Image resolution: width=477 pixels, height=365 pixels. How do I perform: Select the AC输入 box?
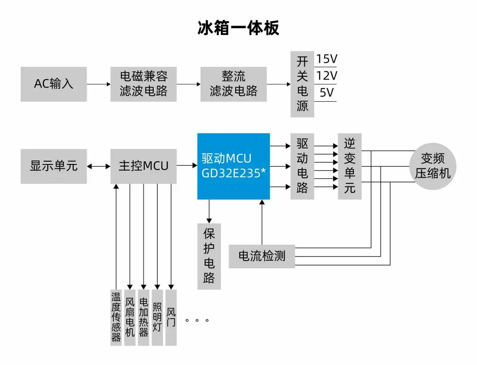[53, 84]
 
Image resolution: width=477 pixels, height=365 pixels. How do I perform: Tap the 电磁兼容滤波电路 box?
[144, 84]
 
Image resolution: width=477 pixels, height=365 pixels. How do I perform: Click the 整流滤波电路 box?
[234, 84]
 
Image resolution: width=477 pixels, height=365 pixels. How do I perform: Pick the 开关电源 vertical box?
[302, 84]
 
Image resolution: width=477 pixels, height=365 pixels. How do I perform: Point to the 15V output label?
[326, 59]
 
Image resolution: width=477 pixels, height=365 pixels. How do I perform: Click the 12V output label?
[326, 76]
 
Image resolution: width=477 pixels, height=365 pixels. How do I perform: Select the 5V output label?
[326, 93]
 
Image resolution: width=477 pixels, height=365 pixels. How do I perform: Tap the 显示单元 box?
[53, 166]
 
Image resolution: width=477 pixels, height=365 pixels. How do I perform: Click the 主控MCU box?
[144, 166]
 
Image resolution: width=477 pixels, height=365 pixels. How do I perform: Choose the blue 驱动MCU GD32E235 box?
[233, 166]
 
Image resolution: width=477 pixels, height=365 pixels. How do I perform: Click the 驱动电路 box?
[302, 166]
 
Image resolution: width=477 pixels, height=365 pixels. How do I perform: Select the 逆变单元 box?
[349, 166]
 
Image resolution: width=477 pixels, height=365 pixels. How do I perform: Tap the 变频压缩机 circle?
[432, 166]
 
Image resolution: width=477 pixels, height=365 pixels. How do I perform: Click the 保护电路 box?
[209, 256]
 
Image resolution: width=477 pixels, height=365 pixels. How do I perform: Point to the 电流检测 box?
[261, 256]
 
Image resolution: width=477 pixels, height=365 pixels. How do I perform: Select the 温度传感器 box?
[116, 317]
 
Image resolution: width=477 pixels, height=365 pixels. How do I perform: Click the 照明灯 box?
[157, 317]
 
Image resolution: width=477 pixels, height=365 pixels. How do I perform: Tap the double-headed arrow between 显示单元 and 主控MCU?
[98, 166]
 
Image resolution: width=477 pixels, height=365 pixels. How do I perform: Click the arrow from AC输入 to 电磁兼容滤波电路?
[98, 84]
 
